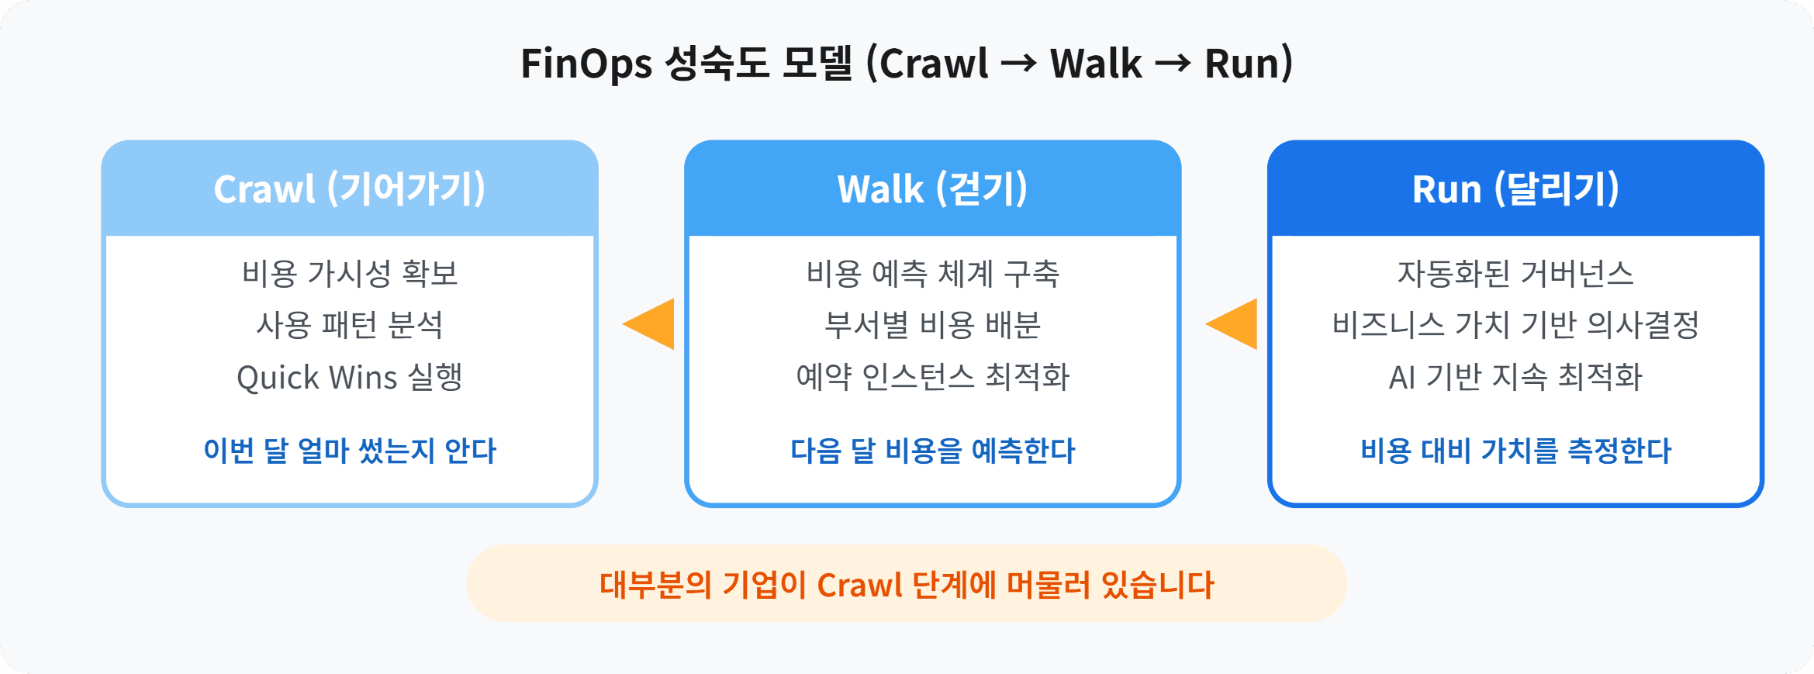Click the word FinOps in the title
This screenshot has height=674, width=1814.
(586, 64)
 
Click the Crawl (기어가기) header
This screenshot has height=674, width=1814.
(349, 188)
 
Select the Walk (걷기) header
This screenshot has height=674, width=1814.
(932, 188)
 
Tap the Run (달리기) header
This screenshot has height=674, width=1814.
(1515, 188)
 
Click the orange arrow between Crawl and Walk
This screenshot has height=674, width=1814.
(651, 323)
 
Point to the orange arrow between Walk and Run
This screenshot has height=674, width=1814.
(1235, 323)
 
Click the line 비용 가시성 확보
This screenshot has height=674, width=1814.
(349, 273)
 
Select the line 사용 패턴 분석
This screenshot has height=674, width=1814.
(349, 325)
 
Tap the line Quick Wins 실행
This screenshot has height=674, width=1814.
(349, 377)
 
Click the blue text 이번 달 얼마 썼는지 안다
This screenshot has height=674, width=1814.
(349, 451)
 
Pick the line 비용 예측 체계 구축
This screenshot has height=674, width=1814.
(932, 273)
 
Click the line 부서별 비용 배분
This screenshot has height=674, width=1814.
(932, 325)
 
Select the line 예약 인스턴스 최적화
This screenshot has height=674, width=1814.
(932, 377)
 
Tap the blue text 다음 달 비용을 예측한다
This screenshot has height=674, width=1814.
(932, 451)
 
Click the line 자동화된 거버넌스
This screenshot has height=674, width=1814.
(1515, 273)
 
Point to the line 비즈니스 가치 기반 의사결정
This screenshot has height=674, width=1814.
(1515, 325)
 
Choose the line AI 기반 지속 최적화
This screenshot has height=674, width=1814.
(1515, 377)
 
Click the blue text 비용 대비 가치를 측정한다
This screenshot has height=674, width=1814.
(1515, 451)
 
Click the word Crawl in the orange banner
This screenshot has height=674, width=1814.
(859, 585)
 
